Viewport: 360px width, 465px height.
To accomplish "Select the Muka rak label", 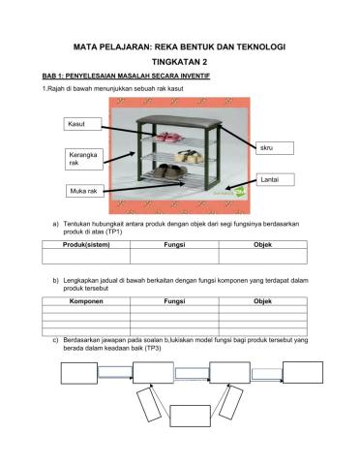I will (x=83, y=191).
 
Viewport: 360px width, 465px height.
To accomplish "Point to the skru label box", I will (x=278, y=148).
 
